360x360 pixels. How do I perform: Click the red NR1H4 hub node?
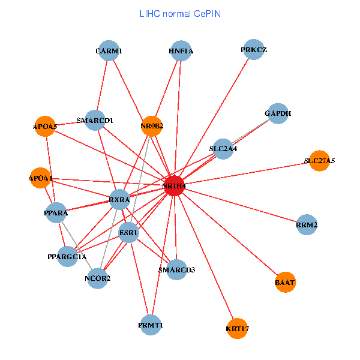click(174, 187)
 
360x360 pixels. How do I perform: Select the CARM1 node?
click(109, 51)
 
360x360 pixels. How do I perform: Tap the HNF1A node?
click(181, 51)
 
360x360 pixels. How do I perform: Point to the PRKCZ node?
click(254, 50)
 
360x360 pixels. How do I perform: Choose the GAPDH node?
click(278, 113)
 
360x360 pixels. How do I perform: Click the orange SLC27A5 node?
click(319, 161)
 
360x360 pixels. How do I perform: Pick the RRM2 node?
click(307, 225)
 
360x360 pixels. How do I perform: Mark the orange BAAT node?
click(286, 281)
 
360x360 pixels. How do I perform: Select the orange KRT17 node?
click(238, 329)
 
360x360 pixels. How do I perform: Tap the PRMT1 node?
click(150, 325)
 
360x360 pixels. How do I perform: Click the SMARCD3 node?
click(176, 269)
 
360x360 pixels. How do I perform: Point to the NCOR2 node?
click(98, 278)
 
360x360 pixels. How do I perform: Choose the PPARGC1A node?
click(67, 257)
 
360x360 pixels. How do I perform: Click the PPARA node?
click(56, 213)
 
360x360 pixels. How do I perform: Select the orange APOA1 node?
click(40, 178)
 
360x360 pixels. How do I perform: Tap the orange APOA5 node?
click(44, 127)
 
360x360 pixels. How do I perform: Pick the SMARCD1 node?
click(95, 121)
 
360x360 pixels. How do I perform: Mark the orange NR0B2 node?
click(152, 126)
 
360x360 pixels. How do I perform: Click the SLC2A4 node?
click(223, 148)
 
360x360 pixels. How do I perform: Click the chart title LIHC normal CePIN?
click(179, 13)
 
